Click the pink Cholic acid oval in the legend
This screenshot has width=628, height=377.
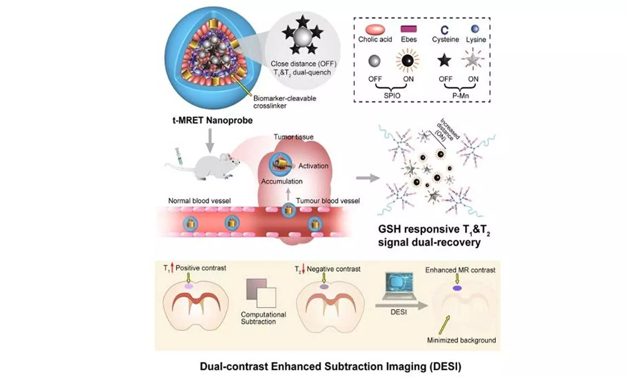[x=375, y=29]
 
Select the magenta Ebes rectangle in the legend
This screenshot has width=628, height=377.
[x=409, y=29]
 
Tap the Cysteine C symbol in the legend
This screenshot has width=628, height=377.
[x=445, y=30]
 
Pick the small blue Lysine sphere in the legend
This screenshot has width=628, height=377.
[x=475, y=29]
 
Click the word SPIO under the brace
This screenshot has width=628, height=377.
[x=392, y=96]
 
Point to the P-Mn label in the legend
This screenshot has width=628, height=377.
[x=461, y=96]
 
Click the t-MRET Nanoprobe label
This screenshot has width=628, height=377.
[x=213, y=121]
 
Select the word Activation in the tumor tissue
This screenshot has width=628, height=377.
[x=313, y=166]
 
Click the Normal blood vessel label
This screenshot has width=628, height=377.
[x=199, y=201]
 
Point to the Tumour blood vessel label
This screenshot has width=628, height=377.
[x=328, y=201]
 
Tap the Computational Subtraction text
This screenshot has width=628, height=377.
[x=263, y=318]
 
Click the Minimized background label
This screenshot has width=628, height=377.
[x=461, y=340]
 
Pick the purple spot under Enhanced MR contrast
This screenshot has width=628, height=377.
[x=457, y=288]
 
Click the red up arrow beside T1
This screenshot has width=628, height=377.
[x=172, y=268]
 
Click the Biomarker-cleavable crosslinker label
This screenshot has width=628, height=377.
[x=285, y=102]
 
